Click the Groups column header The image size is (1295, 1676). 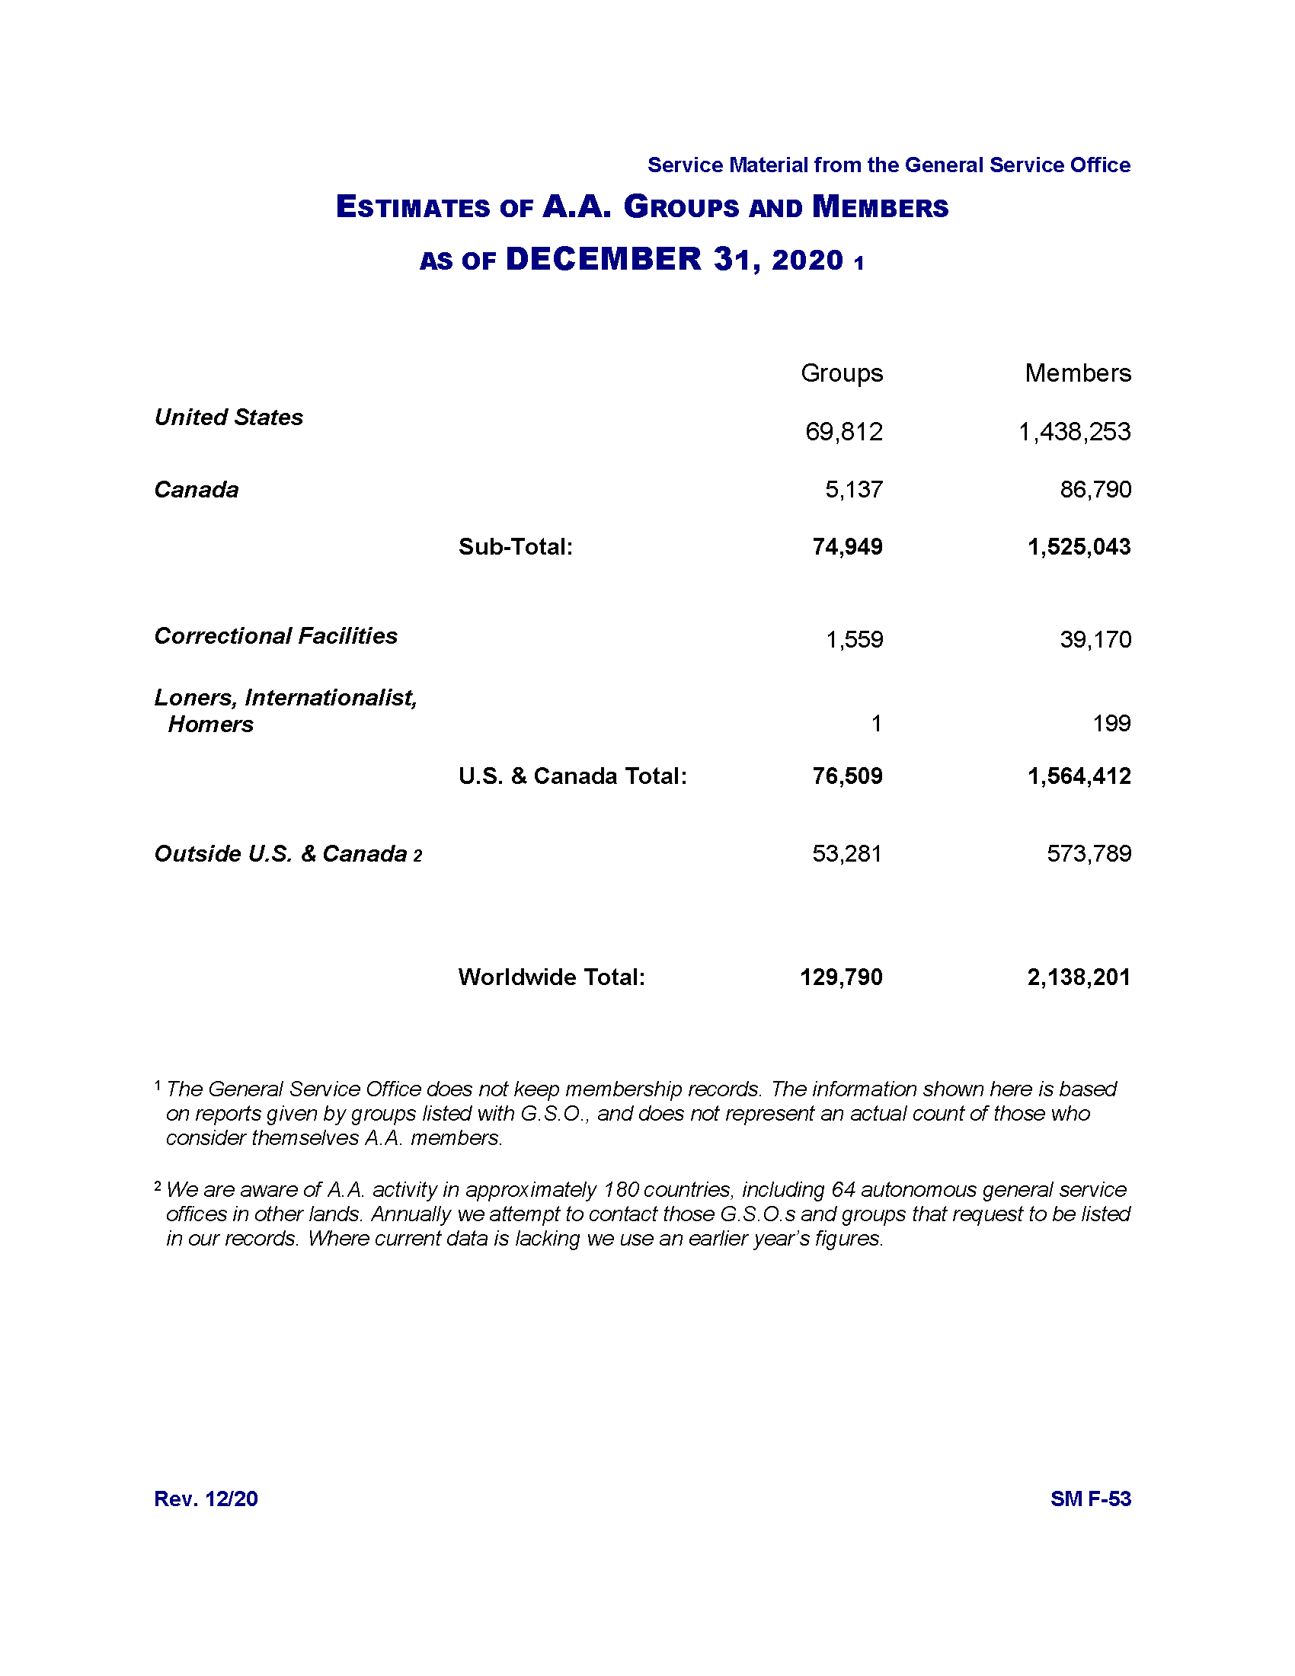tap(842, 373)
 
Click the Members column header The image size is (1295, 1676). tap(1077, 373)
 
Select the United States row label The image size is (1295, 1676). tap(229, 417)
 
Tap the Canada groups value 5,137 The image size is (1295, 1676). tap(854, 490)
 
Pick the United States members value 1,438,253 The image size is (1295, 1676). tap(1074, 432)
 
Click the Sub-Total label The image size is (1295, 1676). tap(516, 546)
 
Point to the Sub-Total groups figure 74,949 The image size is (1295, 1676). tap(847, 546)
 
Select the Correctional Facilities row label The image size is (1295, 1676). tap(276, 635)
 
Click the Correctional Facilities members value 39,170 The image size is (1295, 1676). tap(1095, 639)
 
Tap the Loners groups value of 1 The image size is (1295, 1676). tap(876, 723)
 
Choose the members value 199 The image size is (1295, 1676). tap(1111, 723)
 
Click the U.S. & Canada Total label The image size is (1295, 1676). tap(572, 776)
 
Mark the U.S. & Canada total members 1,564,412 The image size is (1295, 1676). tap(1079, 776)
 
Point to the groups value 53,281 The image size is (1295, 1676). tap(847, 853)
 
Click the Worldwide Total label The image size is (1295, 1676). tap(552, 977)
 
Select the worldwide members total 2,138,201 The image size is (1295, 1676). tap(1079, 977)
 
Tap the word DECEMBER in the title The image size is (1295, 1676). tap(603, 259)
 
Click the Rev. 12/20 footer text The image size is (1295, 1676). tap(206, 1498)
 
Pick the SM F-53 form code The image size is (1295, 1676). tap(1090, 1498)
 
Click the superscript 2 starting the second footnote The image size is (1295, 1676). tap(158, 1187)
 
